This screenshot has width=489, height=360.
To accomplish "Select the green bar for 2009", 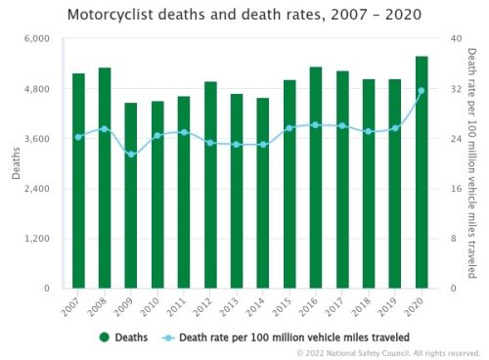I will coord(131,196).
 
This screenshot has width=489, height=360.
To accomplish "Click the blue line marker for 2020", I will coord(422,91).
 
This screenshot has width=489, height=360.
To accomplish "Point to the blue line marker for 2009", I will coord(131,155).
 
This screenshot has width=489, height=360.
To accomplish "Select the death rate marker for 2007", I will coord(78,137).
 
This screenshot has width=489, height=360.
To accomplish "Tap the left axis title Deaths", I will coord(15,164).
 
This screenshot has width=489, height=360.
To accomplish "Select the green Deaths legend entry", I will coord(123,337).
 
